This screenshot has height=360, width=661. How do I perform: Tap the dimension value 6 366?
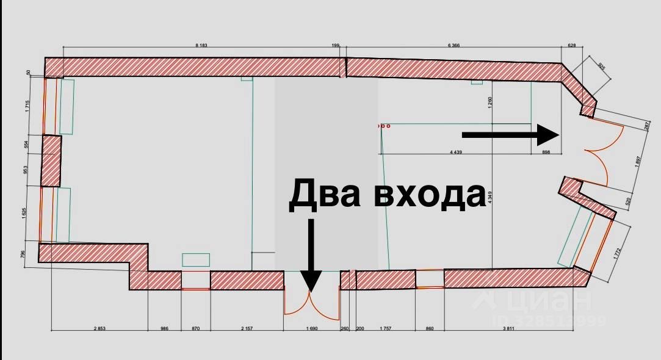[453, 45]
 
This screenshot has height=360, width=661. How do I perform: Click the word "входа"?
[430, 195]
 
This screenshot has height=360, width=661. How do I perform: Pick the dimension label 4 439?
[455, 152]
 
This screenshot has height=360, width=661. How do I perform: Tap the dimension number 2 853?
[99, 328]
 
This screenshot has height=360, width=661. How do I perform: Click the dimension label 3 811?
[508, 328]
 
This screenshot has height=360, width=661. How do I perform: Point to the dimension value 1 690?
[312, 328]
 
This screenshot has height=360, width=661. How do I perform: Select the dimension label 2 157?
[247, 328]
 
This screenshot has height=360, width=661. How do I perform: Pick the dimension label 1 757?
[385, 328]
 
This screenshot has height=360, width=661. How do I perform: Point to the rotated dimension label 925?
[601, 67]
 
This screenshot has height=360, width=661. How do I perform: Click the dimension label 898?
[546, 152]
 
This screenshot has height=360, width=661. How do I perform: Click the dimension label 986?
[164, 328]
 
